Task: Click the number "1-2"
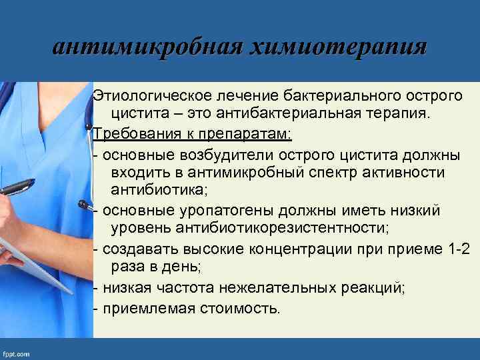(458, 249)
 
